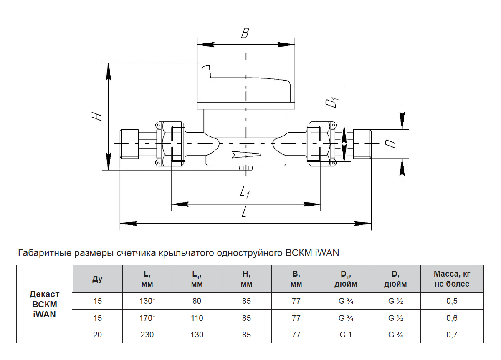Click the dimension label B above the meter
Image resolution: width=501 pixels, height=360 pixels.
245,33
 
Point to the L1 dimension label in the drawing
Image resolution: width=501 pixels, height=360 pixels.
245,192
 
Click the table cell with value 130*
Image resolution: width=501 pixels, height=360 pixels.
147,301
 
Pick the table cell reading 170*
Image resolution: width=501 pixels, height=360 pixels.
147,318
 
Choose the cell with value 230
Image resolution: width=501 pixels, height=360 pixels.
147,335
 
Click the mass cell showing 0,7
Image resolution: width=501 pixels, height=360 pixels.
452,335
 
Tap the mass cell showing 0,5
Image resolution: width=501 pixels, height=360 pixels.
452,301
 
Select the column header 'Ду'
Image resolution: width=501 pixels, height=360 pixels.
97,279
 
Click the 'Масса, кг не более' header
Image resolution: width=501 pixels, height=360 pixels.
452,279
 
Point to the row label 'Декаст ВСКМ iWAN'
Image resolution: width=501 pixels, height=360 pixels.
44,305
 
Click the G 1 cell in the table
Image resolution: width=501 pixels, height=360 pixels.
346,335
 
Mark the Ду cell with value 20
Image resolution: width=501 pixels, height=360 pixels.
97,335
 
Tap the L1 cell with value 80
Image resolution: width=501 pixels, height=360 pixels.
197,301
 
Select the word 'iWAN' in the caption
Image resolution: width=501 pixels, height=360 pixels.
327,253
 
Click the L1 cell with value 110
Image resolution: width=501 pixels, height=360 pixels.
197,318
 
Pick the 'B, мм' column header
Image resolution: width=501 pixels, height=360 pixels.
296,279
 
